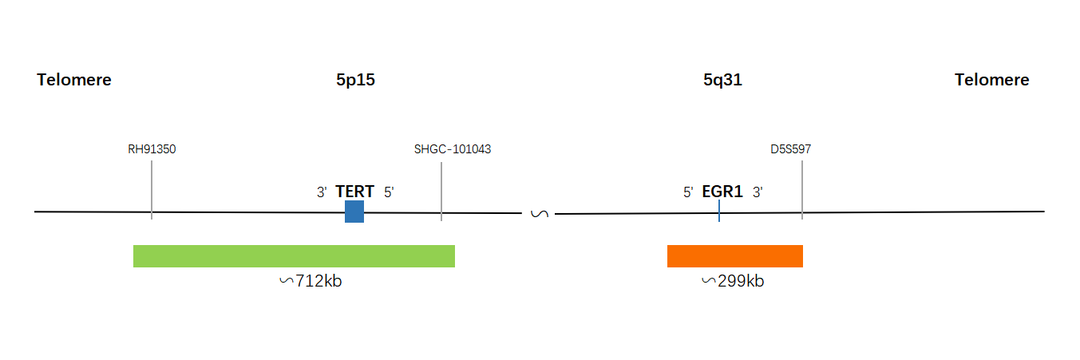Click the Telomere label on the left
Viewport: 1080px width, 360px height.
click(73, 80)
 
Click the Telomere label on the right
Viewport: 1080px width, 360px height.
click(991, 80)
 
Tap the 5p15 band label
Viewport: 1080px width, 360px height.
click(355, 80)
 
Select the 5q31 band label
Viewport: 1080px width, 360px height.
click(722, 80)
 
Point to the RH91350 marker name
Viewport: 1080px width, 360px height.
click(152, 149)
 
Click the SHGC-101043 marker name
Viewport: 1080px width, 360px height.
click(453, 149)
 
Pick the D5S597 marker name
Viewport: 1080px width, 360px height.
click(791, 149)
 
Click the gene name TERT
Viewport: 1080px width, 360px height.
click(355, 192)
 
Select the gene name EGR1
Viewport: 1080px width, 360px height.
click(722, 192)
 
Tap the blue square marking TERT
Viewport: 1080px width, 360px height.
click(354, 212)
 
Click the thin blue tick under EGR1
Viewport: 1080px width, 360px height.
click(719, 211)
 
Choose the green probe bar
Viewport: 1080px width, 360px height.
click(294, 256)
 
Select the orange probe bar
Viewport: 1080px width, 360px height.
click(735, 256)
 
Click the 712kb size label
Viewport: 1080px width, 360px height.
click(311, 280)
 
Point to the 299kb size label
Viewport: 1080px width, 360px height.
click(733, 280)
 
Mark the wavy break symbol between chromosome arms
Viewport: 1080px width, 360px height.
click(540, 213)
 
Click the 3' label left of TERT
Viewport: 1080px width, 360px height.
click(322, 192)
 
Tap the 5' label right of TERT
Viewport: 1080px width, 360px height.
click(389, 192)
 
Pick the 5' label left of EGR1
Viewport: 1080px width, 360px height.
click(688, 192)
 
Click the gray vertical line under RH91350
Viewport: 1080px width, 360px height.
click(152, 190)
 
